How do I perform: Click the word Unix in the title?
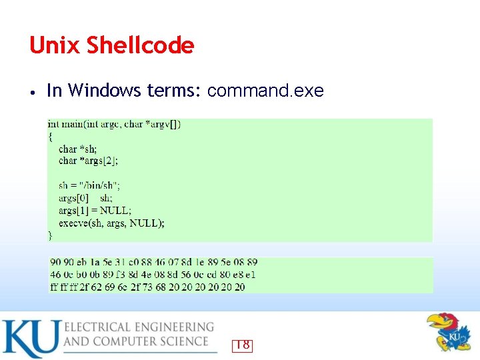tap(49, 45)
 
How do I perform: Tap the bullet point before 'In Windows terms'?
tap(32, 91)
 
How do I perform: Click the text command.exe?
tap(265, 91)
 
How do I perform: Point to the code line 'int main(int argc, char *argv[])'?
tap(114, 124)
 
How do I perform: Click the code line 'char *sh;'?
tap(77, 149)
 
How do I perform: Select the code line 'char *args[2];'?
tap(88, 161)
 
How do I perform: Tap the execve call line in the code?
tap(111, 223)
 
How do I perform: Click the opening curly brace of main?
tap(50, 136)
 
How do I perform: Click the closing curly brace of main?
tap(50, 235)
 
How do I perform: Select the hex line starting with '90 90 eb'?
tap(153, 263)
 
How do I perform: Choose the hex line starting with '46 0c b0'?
tap(153, 275)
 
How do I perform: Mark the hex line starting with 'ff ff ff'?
tap(147, 287)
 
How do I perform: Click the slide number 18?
tap(242, 345)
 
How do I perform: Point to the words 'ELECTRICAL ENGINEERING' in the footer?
tap(139, 327)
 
